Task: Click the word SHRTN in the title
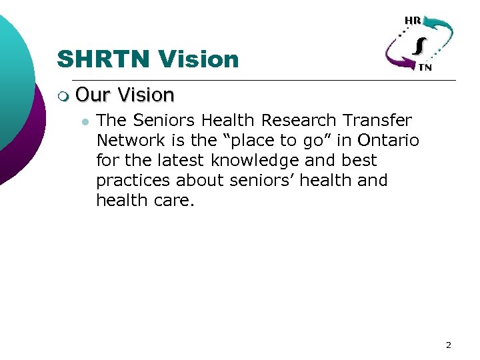click(x=104, y=59)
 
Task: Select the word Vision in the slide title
click(x=198, y=59)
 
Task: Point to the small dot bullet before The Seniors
click(x=84, y=121)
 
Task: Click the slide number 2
click(x=448, y=345)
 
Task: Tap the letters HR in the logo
click(x=412, y=21)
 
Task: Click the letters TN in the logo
click(x=424, y=67)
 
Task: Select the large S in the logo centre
click(x=419, y=45)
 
